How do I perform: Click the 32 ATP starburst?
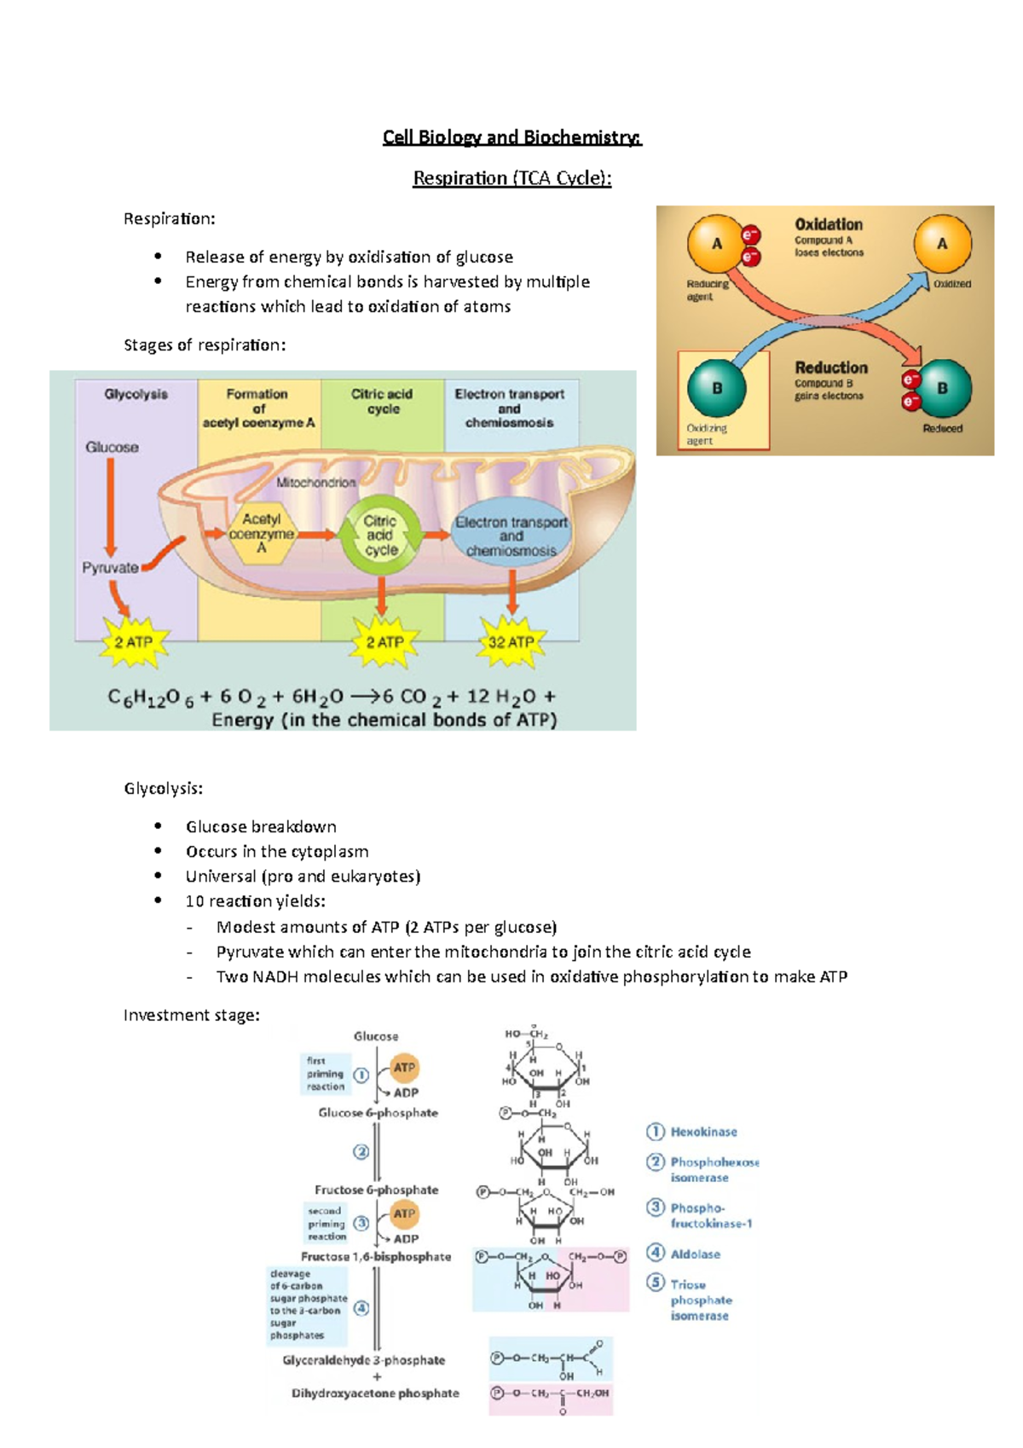tap(511, 642)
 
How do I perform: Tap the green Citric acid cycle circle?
tap(381, 535)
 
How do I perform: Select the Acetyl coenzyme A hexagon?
tap(261, 533)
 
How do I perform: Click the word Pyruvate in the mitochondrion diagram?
tap(110, 567)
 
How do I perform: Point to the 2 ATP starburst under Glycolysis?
tap(134, 642)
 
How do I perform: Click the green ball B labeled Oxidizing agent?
tap(717, 388)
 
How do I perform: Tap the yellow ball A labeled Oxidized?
tap(942, 244)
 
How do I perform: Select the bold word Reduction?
tap(830, 368)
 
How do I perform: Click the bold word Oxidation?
tap(828, 224)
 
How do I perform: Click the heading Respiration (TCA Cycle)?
tap(511, 178)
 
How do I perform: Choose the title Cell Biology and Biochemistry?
tap(511, 137)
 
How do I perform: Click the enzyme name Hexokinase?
tap(703, 1132)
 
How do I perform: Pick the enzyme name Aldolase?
tap(695, 1254)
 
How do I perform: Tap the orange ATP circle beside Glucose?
tap(404, 1067)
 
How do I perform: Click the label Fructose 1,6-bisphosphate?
tap(376, 1256)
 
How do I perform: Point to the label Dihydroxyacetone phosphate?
tap(375, 1393)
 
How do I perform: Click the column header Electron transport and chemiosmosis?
tap(509, 408)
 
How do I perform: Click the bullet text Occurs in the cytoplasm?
tap(277, 851)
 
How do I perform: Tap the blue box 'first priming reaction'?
tap(326, 1074)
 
